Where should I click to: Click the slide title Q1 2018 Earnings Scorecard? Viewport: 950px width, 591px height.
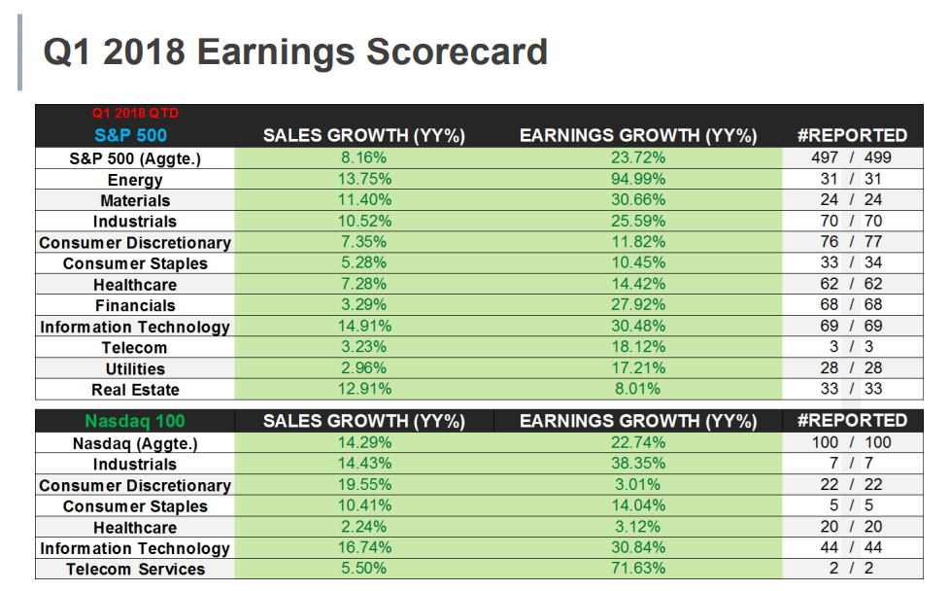(295, 52)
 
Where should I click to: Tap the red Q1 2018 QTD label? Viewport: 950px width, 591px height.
(135, 114)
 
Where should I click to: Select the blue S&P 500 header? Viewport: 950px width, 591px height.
(131, 135)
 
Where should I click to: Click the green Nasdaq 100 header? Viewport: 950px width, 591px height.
(135, 421)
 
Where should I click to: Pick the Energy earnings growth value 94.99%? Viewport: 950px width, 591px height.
(637, 179)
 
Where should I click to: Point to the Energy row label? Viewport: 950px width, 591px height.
(135, 180)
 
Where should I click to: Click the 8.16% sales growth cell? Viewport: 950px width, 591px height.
(364, 157)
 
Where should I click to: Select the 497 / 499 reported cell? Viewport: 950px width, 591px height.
(851, 157)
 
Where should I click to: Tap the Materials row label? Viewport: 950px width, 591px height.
(135, 200)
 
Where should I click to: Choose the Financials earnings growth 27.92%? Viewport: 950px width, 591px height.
(637, 305)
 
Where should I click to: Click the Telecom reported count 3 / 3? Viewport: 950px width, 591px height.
(851, 347)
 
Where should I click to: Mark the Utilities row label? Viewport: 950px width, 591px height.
(135, 368)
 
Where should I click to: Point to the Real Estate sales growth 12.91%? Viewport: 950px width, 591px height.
(364, 389)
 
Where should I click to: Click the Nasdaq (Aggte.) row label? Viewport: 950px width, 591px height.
(135, 443)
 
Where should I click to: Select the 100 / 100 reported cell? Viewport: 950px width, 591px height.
(851, 443)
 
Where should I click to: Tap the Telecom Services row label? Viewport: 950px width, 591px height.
(135, 570)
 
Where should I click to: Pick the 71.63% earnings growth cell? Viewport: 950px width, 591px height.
(637, 569)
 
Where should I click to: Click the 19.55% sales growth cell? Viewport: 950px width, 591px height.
(364, 485)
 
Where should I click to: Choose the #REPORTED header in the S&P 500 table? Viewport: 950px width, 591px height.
(851, 135)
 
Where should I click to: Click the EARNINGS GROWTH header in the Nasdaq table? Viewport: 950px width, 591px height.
(637, 421)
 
